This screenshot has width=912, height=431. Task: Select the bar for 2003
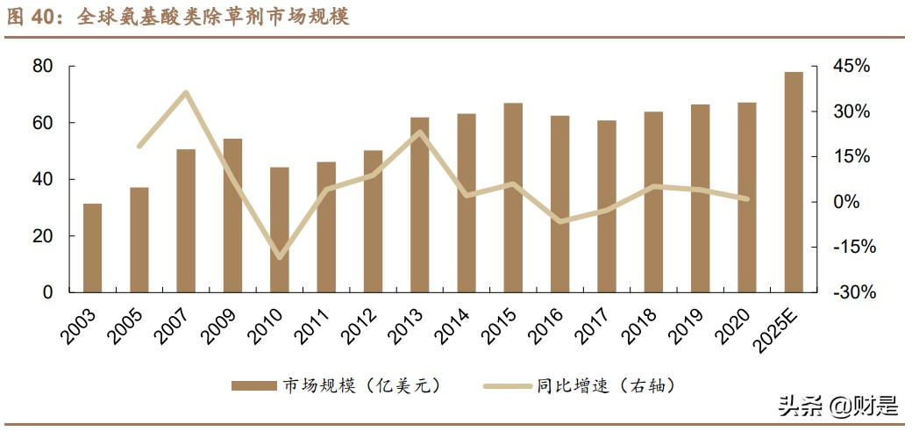[92, 248]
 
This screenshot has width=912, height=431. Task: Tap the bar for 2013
[420, 205]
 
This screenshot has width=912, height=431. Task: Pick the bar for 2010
[280, 229]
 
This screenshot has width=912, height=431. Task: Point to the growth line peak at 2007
[186, 92]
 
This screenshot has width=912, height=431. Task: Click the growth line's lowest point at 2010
[280, 257]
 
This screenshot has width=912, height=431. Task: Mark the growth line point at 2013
[420, 133]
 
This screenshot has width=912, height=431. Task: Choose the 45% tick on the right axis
[851, 67]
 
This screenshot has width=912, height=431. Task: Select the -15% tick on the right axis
[851, 248]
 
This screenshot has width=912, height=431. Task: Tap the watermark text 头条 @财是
[840, 406]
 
